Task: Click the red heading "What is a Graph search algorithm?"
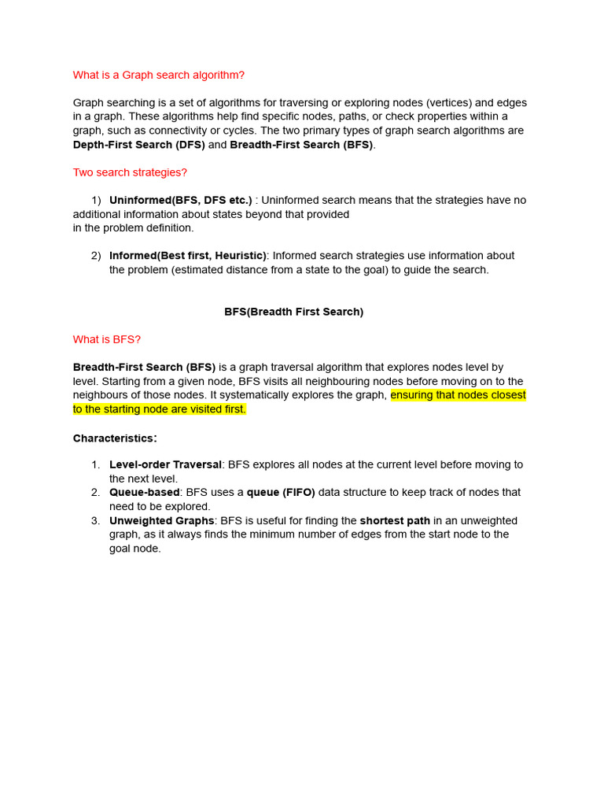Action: pyautogui.click(x=159, y=75)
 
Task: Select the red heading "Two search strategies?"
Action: pyautogui.click(x=130, y=172)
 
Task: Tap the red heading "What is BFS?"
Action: pyautogui.click(x=106, y=339)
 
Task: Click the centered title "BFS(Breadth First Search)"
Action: pyautogui.click(x=293, y=312)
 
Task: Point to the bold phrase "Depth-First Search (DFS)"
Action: pyautogui.click(x=138, y=145)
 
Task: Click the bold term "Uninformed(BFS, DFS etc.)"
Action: pyautogui.click(x=180, y=200)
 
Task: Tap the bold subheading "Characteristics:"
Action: pyautogui.click(x=115, y=438)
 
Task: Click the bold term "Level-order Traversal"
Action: pyautogui.click(x=165, y=465)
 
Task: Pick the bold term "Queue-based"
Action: pyautogui.click(x=144, y=493)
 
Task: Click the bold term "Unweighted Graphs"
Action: pyautogui.click(x=161, y=520)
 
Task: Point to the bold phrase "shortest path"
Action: pyautogui.click(x=396, y=520)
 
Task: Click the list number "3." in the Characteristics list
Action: pyautogui.click(x=95, y=520)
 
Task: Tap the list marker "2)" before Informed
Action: pyautogui.click(x=96, y=256)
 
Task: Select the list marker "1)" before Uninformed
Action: pyautogui.click(x=98, y=200)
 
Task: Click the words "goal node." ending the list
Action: pyautogui.click(x=135, y=549)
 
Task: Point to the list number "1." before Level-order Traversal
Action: pyautogui.click(x=95, y=465)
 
